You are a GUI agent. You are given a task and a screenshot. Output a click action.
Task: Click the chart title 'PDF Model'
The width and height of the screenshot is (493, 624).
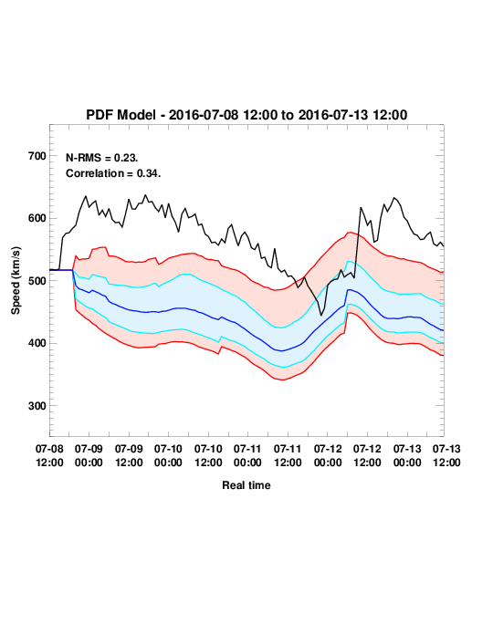(121, 115)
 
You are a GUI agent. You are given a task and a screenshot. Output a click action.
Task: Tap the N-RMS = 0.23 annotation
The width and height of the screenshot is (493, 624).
(102, 158)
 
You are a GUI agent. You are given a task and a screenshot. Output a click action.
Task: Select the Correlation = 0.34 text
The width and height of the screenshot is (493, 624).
(113, 173)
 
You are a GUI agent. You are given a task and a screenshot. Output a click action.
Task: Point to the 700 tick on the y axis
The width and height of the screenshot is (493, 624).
(37, 156)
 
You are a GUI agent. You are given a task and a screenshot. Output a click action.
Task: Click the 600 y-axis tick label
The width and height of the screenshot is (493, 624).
(37, 218)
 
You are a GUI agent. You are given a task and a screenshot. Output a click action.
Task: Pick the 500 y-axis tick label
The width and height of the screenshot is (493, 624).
(37, 281)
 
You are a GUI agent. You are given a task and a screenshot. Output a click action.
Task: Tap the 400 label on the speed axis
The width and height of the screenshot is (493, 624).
(37, 343)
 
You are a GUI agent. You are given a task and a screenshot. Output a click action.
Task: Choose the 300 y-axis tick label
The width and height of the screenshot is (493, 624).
(37, 406)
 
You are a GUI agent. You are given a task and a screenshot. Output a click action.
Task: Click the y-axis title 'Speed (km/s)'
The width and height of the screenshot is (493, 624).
(16, 281)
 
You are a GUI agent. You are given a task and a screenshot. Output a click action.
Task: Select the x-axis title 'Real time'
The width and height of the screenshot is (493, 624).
(246, 485)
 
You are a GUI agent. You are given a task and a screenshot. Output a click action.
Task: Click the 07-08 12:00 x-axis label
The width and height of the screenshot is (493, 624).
(49, 455)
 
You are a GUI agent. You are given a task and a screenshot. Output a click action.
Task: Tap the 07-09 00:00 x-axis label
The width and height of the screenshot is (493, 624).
(89, 455)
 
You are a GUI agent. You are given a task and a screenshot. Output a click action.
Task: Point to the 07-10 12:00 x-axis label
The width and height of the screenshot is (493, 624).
(208, 455)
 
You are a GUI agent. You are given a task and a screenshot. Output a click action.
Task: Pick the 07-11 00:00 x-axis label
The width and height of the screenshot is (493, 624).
(247, 455)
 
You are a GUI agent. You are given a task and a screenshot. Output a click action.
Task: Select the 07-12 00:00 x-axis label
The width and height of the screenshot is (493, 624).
(328, 455)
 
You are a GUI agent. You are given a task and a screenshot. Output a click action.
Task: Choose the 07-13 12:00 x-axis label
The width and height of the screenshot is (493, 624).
(446, 455)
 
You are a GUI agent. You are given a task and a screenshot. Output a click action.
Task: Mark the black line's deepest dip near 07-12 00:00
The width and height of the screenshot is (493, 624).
(321, 315)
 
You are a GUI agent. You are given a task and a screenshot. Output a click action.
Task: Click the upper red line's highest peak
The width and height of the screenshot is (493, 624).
(350, 233)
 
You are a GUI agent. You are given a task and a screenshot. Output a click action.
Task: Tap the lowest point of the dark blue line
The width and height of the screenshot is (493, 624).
(281, 351)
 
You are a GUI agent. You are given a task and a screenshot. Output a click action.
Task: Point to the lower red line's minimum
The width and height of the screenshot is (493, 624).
(282, 380)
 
